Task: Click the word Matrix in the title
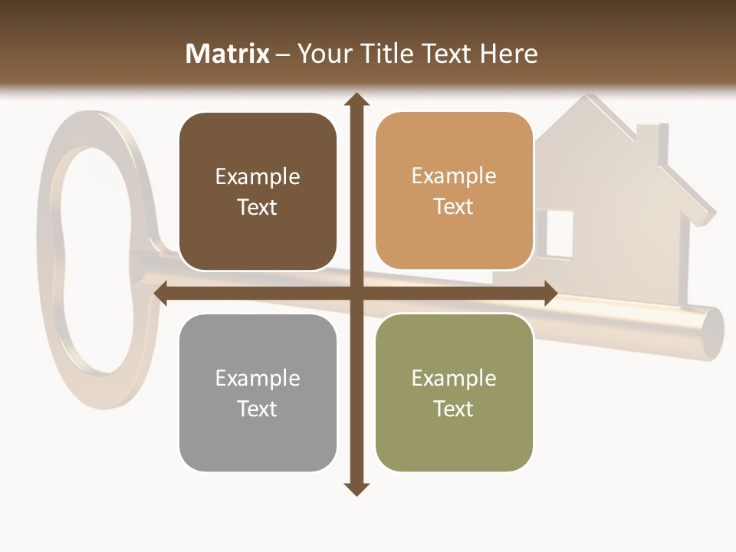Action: tap(228, 54)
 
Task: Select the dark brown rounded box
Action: tap(258, 192)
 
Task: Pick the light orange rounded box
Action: tap(454, 191)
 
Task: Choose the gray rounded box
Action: tap(258, 393)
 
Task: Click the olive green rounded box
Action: tap(454, 393)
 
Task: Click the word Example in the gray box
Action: tap(258, 378)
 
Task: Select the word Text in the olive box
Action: tap(454, 409)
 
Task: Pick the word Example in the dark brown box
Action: tap(258, 177)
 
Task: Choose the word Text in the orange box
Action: tap(454, 207)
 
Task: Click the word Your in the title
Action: tap(325, 54)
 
